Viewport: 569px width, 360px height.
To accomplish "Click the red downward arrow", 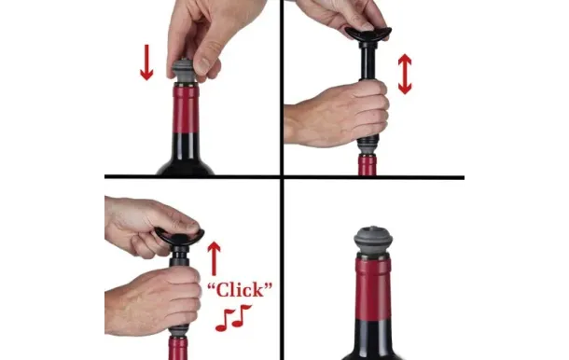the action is (146, 62).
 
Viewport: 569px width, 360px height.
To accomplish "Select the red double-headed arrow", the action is (405, 74).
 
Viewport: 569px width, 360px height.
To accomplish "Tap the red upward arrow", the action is (215, 258).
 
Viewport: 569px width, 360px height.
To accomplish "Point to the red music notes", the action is (233, 318).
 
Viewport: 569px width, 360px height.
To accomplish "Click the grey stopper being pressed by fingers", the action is (183, 71).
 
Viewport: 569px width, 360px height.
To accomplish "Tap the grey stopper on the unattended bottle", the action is (373, 242).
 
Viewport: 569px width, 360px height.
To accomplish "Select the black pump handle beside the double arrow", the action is (368, 35).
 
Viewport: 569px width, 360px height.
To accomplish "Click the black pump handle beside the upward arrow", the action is (179, 237).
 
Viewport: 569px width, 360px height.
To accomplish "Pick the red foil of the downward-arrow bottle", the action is (186, 109).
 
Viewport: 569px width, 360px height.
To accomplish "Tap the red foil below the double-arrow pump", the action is (368, 165).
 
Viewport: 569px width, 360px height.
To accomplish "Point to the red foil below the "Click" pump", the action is (178, 348).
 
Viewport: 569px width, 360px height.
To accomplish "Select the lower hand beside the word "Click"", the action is (152, 301).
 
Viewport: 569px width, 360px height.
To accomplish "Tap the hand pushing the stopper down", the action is (207, 35).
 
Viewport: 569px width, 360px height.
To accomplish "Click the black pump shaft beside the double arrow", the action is (368, 61).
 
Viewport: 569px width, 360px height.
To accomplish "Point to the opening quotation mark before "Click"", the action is (212, 286).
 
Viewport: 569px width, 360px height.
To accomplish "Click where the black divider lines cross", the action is (281, 177).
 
